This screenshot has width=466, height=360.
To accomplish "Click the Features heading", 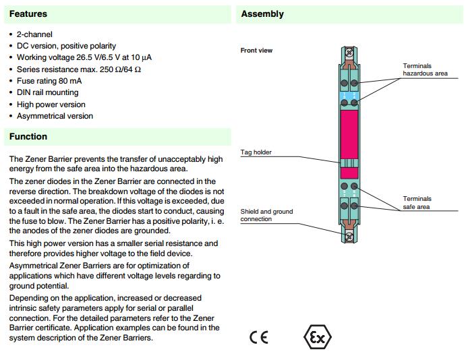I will pos(28,13).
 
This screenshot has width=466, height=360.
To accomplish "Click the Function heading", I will pos(28,136).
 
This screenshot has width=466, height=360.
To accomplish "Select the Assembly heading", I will pos(262,13).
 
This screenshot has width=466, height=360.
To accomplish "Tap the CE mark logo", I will pos(258,337).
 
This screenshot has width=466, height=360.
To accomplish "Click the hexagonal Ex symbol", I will pos(318,337).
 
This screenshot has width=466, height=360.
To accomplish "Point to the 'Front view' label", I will pos(256,51).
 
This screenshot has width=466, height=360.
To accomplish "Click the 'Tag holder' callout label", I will pos(256,152).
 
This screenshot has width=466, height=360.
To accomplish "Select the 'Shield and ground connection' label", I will pos(266,215).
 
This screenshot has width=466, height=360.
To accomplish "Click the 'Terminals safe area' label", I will pos(417,203).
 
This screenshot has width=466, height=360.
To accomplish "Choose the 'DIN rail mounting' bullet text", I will pos(47,92).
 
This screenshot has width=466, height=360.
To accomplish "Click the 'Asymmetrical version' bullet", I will pos(55,116).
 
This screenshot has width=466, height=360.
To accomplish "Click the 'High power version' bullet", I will pos(51,104).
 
